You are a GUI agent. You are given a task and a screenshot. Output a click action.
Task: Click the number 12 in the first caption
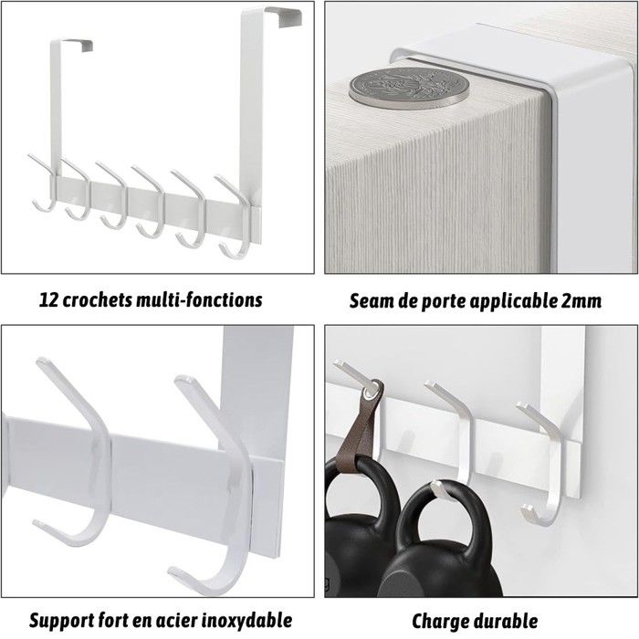tap(49, 300)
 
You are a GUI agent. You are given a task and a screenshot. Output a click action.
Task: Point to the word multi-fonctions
tap(199, 300)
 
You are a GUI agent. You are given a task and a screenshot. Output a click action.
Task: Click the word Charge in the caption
tap(441, 622)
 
